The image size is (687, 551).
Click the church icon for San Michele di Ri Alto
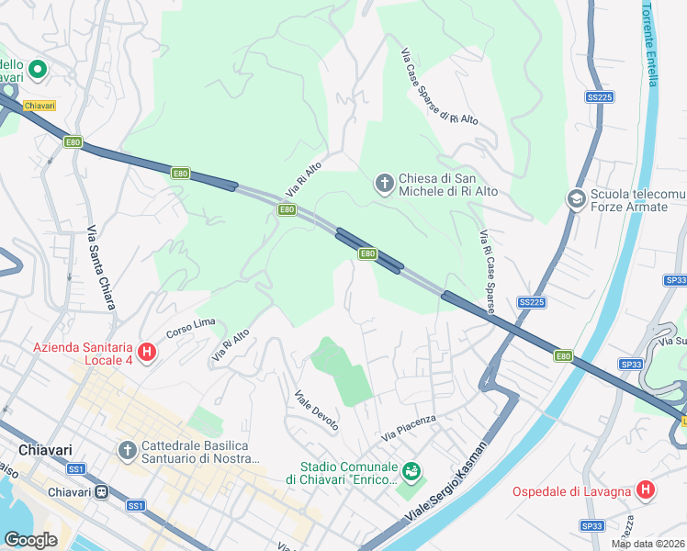tap(384, 183)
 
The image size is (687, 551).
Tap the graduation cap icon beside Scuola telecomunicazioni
tap(577, 199)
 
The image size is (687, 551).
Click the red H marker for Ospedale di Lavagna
tap(646, 490)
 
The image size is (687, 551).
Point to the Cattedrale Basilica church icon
tap(129, 450)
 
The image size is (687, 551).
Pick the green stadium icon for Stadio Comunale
tap(411, 472)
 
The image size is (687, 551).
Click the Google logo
tap(30, 540)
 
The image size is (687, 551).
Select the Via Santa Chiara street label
tap(102, 267)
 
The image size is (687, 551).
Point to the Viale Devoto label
tap(316, 410)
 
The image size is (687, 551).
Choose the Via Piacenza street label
tap(409, 425)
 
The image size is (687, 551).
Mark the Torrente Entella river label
tap(649, 43)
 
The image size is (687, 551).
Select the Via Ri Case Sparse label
tap(486, 272)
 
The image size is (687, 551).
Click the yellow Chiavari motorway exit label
tap(39, 106)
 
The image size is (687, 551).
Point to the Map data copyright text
tap(648, 544)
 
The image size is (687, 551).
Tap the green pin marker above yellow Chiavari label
tap(38, 69)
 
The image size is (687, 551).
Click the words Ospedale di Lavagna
tap(571, 491)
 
